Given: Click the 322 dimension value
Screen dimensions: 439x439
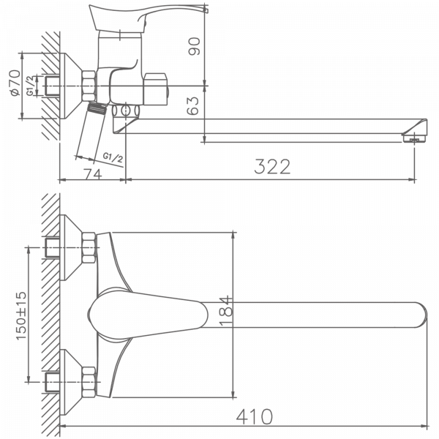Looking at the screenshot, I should (x=272, y=166).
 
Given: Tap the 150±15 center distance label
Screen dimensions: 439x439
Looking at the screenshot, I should (x=21, y=315).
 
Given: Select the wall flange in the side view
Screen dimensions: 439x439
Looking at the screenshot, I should (x=70, y=86).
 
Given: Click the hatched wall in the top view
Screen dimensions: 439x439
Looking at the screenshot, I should (x=50, y=315).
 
